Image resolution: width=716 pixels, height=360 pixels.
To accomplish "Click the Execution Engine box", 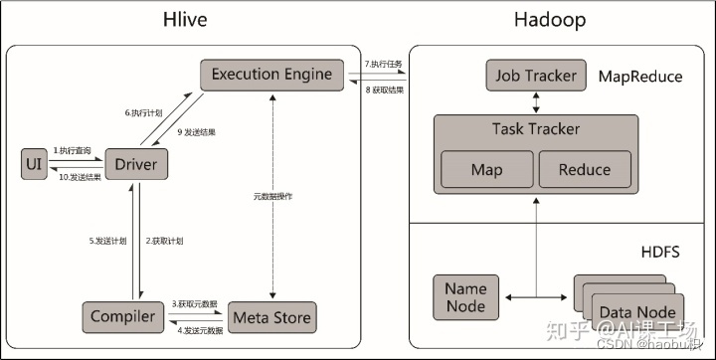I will tap(270, 75).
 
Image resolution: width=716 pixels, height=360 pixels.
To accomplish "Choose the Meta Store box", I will tap(270, 317).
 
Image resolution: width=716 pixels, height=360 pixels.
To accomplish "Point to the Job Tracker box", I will tap(535, 75).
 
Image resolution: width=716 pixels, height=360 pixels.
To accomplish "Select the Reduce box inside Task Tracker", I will tap(585, 169).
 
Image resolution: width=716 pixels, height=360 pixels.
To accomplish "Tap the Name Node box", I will tap(465, 297).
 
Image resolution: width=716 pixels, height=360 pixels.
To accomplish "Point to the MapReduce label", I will tap(641, 76).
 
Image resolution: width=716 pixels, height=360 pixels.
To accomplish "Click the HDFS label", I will tap(659, 253).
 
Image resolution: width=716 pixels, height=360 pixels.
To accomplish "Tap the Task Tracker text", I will tap(535, 129).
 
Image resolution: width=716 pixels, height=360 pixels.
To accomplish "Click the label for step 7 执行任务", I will tap(384, 64).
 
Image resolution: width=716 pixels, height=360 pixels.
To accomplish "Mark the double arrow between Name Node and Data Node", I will tap(535, 297).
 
